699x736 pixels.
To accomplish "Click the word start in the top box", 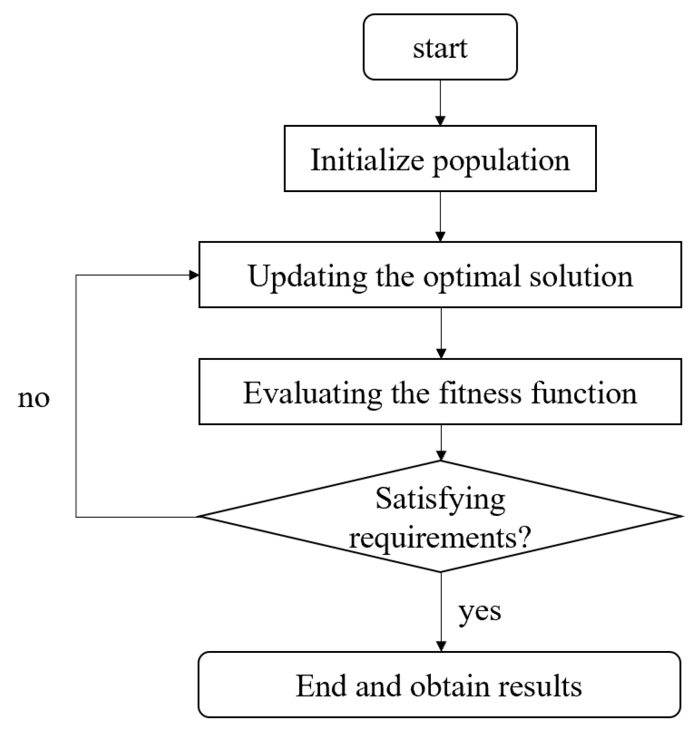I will [440, 48].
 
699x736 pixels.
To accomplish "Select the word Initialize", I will [367, 160].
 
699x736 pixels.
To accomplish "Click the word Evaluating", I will [312, 393].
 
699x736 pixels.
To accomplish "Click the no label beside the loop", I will [33, 399].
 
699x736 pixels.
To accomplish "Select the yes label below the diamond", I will [480, 611].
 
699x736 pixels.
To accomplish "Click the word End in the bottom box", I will [320, 686].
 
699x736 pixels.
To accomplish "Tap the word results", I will [540, 686].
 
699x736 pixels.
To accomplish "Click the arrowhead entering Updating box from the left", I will [194, 275].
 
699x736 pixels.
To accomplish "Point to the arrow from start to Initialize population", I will [440, 102].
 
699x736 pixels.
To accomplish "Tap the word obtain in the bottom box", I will [450, 686].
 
